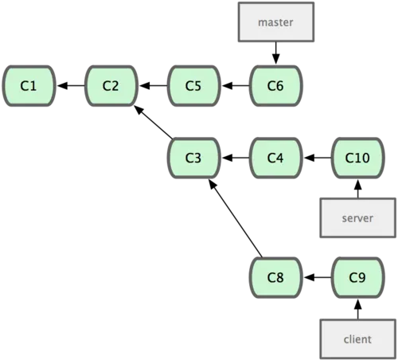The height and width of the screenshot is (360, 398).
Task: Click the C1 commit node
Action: (x=29, y=86)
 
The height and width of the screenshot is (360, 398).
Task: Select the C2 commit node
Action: (x=111, y=86)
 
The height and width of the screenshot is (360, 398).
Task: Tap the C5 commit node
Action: (x=193, y=86)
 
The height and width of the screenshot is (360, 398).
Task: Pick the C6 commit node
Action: (x=276, y=86)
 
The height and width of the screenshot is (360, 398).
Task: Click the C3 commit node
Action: (x=193, y=158)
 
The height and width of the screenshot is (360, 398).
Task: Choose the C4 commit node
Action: (x=276, y=158)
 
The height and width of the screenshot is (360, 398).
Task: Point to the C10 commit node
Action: (x=358, y=158)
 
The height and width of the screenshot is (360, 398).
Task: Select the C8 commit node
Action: (x=276, y=278)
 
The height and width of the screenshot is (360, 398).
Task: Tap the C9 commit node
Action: (x=358, y=278)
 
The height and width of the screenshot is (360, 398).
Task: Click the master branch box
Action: (x=276, y=22)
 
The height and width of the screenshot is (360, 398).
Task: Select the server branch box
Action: (x=358, y=217)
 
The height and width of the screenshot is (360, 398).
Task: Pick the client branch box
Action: (x=358, y=339)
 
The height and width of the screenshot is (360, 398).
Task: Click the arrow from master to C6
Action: (x=276, y=53)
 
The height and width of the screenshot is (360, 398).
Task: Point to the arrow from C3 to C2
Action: (x=154, y=122)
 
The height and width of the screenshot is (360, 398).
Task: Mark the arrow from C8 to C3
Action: (x=236, y=218)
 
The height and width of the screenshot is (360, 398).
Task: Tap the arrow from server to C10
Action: (x=358, y=189)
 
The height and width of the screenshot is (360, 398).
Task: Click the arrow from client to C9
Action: (x=358, y=309)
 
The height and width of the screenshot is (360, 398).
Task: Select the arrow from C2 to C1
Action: (x=71, y=86)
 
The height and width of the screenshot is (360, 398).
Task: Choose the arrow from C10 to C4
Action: (x=318, y=158)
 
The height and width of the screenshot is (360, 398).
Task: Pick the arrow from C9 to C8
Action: (x=318, y=278)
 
